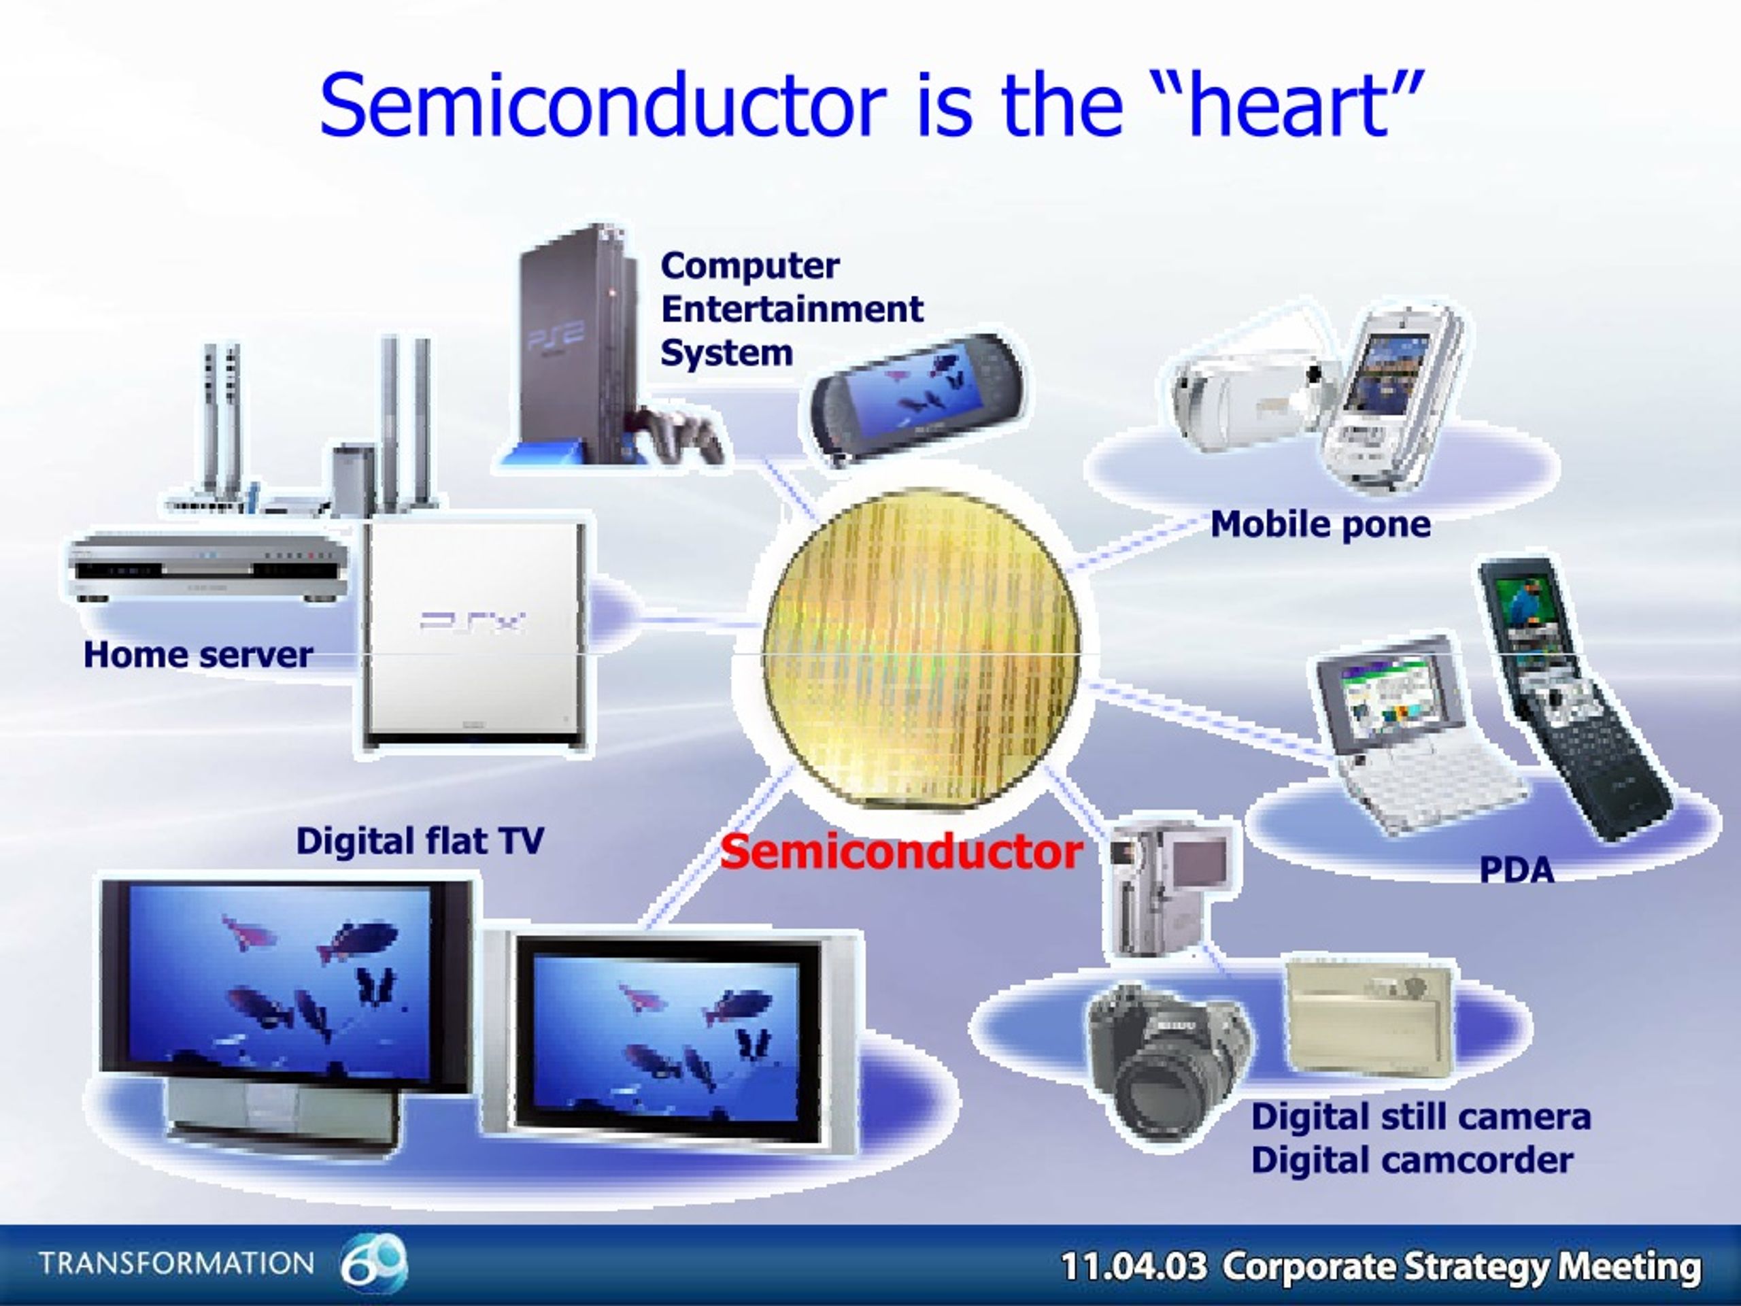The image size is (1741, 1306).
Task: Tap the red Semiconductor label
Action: [901, 852]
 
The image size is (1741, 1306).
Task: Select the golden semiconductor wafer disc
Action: [922, 650]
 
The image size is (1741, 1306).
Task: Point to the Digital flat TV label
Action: [420, 841]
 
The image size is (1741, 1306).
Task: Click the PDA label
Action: [1517, 870]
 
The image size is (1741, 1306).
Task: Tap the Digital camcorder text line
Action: [1412, 1160]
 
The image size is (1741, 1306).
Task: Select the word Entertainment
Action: [792, 309]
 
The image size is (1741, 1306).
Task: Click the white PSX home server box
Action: [475, 635]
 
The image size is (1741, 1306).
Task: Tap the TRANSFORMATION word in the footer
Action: [176, 1264]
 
